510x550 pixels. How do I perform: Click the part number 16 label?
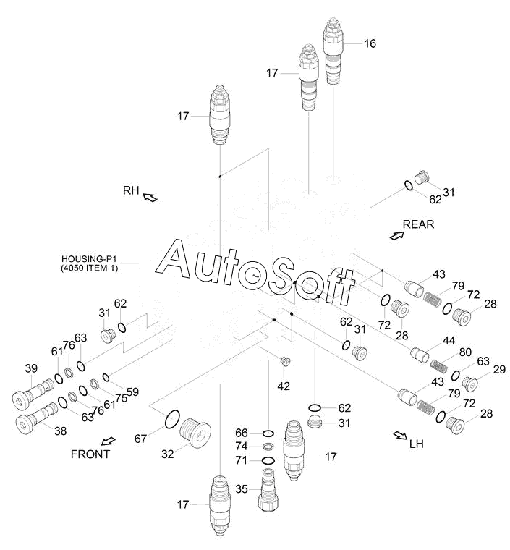pos(370,43)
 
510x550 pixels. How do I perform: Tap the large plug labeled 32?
pos(195,432)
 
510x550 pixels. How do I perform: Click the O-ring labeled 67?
pos(172,419)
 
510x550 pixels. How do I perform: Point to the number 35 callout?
pos(242,489)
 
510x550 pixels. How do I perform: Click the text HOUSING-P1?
pos(89,259)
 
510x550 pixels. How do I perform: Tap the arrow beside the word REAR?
pos(396,236)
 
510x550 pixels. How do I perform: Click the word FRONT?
pos(90,454)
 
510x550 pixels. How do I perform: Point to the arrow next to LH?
pos(400,436)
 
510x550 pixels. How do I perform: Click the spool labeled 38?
pos(37,418)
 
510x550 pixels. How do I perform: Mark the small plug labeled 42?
pos(286,361)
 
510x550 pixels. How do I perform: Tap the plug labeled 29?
pos(470,384)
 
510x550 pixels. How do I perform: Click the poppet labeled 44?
pos(420,355)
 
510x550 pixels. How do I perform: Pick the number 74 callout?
pos(242,447)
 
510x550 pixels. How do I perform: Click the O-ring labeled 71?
pos(268,460)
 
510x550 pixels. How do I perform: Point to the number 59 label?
pos(132,392)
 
